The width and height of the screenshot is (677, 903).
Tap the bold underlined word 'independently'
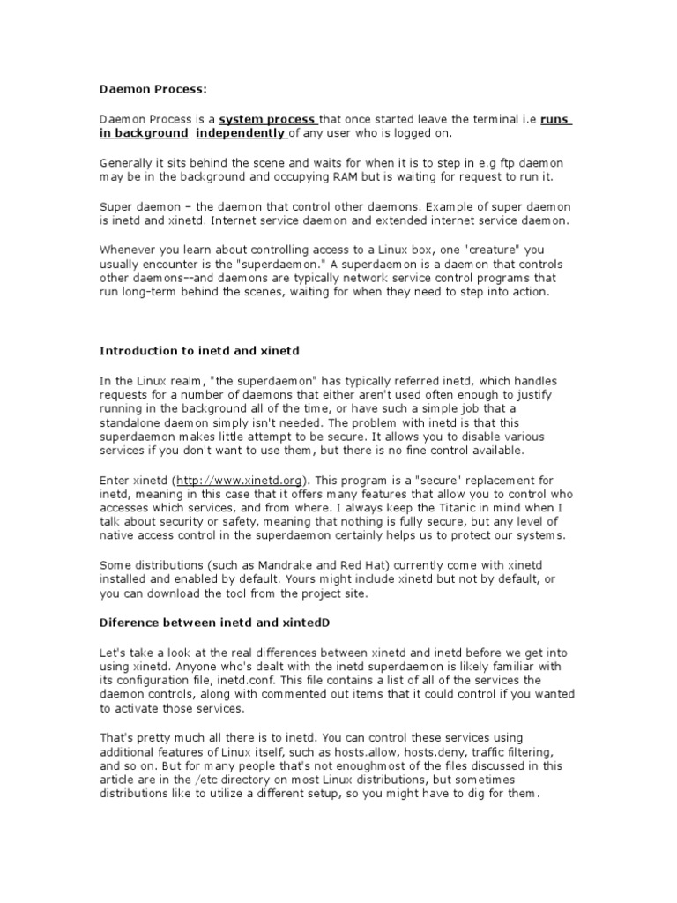[x=240, y=133]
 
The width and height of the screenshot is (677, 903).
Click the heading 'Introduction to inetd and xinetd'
[x=199, y=350]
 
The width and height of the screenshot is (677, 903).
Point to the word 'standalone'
[x=133, y=422]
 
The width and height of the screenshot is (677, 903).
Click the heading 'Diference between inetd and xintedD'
[x=213, y=623]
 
